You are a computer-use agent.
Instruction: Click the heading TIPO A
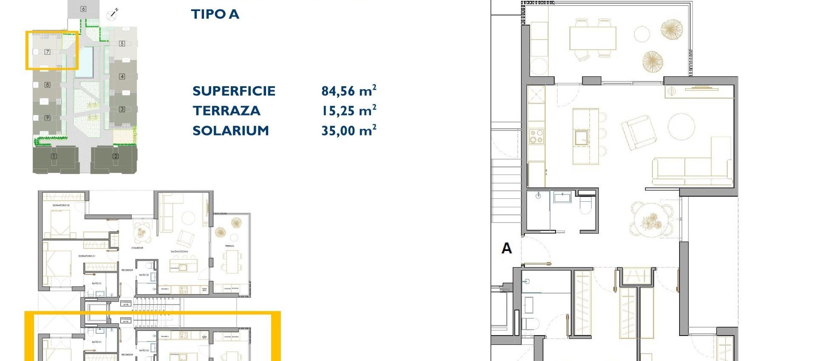pyautogui.click(x=215, y=14)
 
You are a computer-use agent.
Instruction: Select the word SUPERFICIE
pyautogui.click(x=234, y=91)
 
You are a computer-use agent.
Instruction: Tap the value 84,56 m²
pyautogui.click(x=348, y=91)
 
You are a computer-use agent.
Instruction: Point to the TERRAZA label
pyautogui.click(x=226, y=111)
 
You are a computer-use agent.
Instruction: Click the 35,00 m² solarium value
pyautogui.click(x=348, y=130)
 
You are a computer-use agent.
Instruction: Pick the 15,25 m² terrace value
pyautogui.click(x=348, y=111)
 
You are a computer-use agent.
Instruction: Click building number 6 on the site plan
pyautogui.click(x=83, y=9)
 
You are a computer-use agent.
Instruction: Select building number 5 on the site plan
pyautogui.click(x=122, y=43)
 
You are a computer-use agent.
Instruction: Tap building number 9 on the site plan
pyautogui.click(x=48, y=118)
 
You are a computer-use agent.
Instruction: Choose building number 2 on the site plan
pyautogui.click(x=116, y=156)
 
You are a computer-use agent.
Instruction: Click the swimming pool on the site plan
pyautogui.click(x=84, y=62)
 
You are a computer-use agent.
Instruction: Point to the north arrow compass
pyautogui.click(x=112, y=15)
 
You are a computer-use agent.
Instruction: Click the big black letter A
pyautogui.click(x=506, y=248)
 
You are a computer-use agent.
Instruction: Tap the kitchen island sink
pyautogui.click(x=581, y=136)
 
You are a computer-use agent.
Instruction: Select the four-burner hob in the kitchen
pyautogui.click(x=536, y=137)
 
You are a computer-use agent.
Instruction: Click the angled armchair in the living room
pyautogui.click(x=636, y=131)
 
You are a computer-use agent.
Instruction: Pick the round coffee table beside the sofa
pyautogui.click(x=681, y=126)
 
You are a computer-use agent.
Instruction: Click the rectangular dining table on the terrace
pyautogui.click(x=592, y=38)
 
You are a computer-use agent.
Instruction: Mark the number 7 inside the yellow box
pyautogui.click(x=48, y=52)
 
